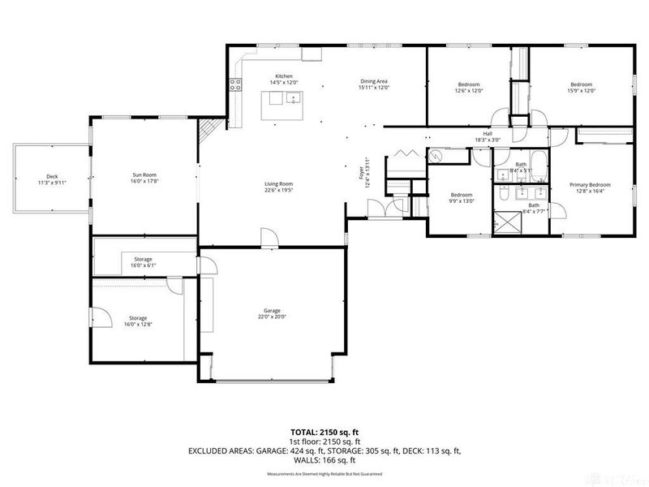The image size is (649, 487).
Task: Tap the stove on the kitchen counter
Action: coord(237,84)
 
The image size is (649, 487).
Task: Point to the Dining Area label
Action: coord(374,81)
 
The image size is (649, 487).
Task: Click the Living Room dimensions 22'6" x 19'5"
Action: coord(278,191)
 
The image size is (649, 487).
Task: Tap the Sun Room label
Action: coord(144,175)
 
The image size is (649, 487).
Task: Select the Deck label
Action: coord(52,177)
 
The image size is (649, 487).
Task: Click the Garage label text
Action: coord(272,311)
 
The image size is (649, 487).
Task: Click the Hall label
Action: coord(488,134)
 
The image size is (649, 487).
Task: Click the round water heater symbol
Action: coord(437,156)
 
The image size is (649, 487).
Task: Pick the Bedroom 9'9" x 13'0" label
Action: coord(462,195)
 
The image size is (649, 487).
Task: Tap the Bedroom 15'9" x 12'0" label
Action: coord(581,85)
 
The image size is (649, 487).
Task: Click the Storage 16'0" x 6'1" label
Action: coord(143,259)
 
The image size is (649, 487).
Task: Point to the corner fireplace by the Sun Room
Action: coord(209,128)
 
